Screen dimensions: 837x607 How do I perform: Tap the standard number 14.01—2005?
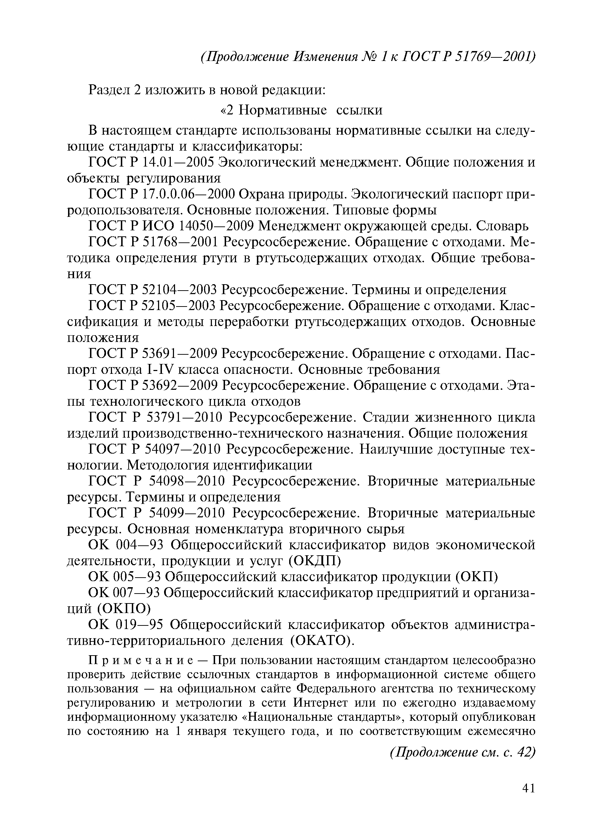coord(179,162)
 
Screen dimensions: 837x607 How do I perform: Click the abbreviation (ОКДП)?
coord(314,561)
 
